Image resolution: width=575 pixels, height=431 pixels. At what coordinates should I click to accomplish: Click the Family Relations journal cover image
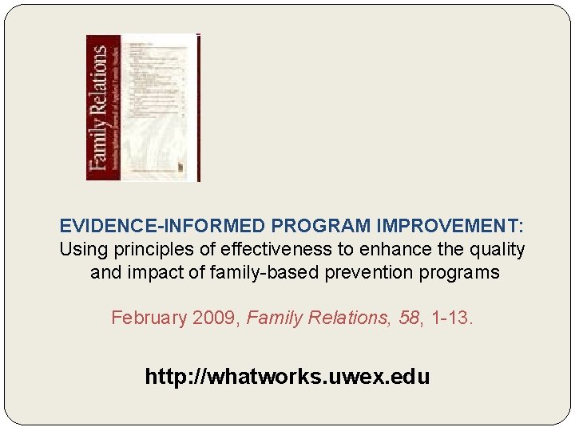[x=144, y=108]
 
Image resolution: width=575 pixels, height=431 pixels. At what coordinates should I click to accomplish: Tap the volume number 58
[x=409, y=318]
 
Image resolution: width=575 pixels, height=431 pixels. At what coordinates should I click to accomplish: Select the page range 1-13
[x=450, y=318]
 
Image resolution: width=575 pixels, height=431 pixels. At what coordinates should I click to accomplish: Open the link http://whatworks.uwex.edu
[x=287, y=377]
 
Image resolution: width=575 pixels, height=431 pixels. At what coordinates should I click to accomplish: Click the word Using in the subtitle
[x=83, y=250]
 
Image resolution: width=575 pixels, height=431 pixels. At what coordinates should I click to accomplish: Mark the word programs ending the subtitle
[x=462, y=273]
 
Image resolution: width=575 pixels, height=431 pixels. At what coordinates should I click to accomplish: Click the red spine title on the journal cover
[x=98, y=108]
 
